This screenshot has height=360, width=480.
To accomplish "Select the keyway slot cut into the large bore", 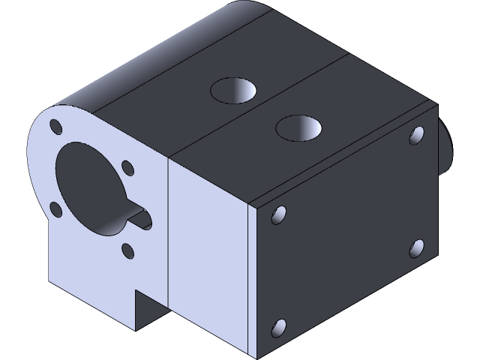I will point(139,218).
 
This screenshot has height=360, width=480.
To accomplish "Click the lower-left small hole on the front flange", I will point(55,208).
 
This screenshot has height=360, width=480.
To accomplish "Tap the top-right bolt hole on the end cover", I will point(417,136).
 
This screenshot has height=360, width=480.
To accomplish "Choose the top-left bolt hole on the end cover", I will point(279,216).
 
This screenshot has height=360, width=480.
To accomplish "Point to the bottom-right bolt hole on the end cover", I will point(417,248).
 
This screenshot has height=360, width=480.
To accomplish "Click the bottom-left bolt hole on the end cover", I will point(278,328).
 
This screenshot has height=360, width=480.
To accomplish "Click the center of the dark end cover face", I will point(345,232).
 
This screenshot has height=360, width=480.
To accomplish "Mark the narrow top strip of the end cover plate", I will point(345,154).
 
